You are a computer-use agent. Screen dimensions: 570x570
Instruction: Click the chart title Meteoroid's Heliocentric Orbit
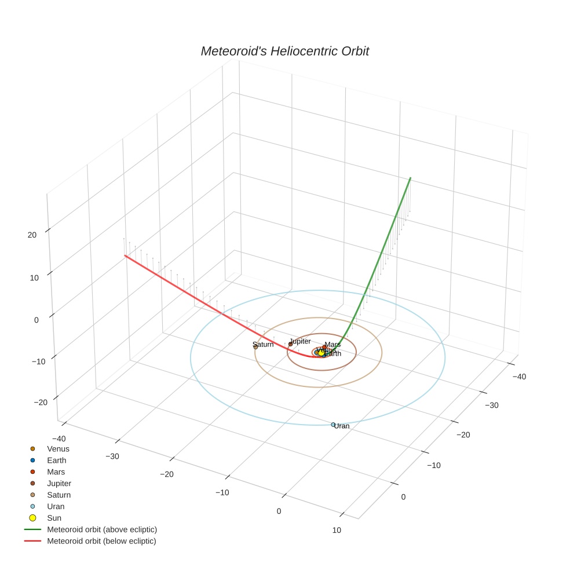[x=284, y=51]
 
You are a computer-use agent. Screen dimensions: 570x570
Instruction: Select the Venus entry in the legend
[x=58, y=448]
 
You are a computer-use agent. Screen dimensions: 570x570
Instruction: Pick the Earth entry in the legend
[x=56, y=460]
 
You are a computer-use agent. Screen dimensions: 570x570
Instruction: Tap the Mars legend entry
[x=56, y=472]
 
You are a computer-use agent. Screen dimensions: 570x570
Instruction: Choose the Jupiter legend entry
[x=59, y=483]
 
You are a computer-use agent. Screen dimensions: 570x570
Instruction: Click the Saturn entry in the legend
[x=59, y=495]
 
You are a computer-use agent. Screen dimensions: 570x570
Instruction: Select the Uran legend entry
[x=56, y=506]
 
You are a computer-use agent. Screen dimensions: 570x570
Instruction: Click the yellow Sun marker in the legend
[x=33, y=518]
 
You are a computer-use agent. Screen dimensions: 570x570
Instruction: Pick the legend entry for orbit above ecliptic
[x=101, y=529]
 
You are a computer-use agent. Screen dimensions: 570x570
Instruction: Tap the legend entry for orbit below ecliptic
[x=101, y=541]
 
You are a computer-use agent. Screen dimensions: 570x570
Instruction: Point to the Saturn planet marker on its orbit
[x=255, y=346]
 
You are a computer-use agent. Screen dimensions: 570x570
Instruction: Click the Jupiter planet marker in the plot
[x=290, y=344]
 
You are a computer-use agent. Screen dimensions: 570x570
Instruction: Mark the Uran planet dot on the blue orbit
[x=333, y=425]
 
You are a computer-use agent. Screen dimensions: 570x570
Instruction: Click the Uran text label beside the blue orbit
[x=342, y=426]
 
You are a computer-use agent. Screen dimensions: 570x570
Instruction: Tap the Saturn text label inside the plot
[x=264, y=344]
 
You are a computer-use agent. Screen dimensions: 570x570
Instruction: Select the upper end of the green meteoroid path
[x=411, y=178]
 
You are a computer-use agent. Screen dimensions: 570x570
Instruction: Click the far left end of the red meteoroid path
[x=125, y=255]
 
